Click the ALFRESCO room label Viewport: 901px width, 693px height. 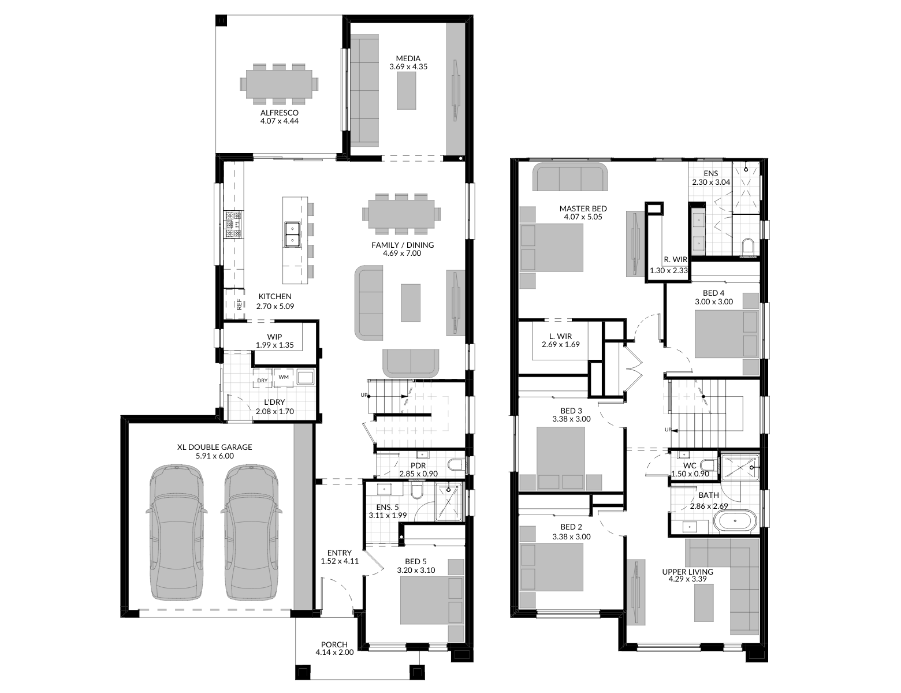point(279,113)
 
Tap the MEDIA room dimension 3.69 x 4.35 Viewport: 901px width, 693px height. point(408,67)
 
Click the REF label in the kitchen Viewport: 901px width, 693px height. point(238,304)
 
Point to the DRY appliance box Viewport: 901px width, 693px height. point(262,381)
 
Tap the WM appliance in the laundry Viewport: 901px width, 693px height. point(284,377)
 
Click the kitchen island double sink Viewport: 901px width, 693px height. point(292,233)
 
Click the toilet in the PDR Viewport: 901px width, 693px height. point(453,465)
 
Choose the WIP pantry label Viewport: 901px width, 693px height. point(274,337)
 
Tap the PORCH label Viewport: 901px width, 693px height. point(334,644)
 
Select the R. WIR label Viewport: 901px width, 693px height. point(675,260)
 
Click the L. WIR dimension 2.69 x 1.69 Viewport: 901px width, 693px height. point(560,345)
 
